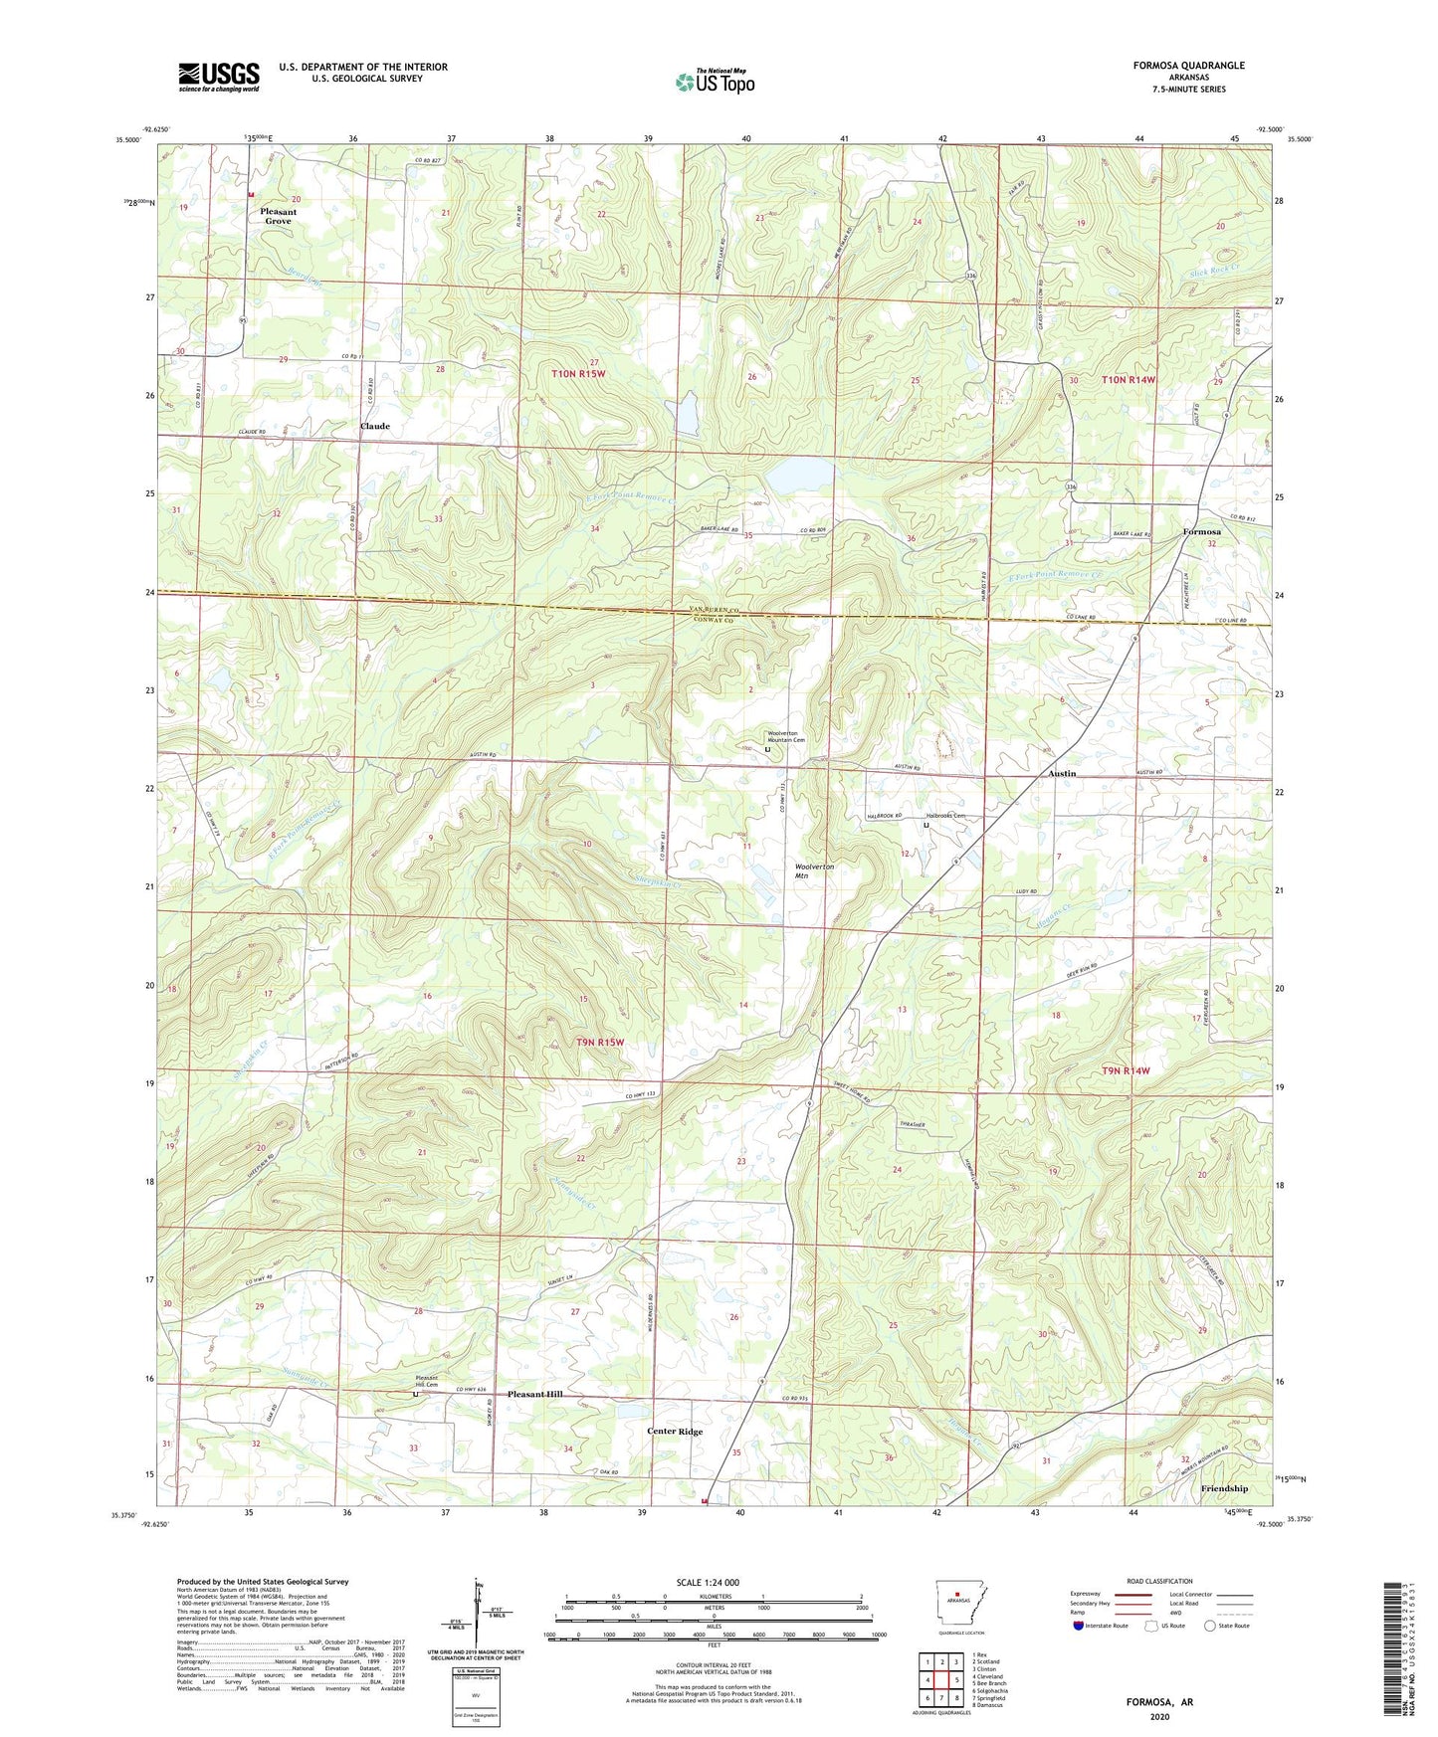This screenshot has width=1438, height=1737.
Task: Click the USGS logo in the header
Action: pyautogui.click(x=218, y=77)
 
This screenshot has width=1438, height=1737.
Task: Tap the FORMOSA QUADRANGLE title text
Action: pyautogui.click(x=1188, y=66)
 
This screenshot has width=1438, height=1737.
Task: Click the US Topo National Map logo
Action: pyautogui.click(x=715, y=81)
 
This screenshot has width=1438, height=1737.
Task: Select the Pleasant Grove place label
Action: pyautogui.click(x=278, y=216)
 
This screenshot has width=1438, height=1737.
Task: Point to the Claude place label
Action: pyautogui.click(x=375, y=426)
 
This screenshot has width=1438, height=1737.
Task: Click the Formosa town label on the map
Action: pyautogui.click(x=1201, y=531)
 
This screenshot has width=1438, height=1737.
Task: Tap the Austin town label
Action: pyautogui.click(x=1062, y=773)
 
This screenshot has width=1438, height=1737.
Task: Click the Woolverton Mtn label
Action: pyautogui.click(x=814, y=870)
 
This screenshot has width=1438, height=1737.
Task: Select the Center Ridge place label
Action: pyautogui.click(x=675, y=1432)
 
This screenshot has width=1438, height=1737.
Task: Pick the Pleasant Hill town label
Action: pyautogui.click(x=534, y=1394)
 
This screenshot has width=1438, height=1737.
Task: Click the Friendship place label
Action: pyautogui.click(x=1223, y=1488)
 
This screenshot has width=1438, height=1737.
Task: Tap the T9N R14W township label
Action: pyautogui.click(x=1127, y=1070)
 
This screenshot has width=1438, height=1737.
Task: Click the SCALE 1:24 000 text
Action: pyautogui.click(x=708, y=1582)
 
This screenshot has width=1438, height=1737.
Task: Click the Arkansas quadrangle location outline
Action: pyautogui.click(x=958, y=1603)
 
